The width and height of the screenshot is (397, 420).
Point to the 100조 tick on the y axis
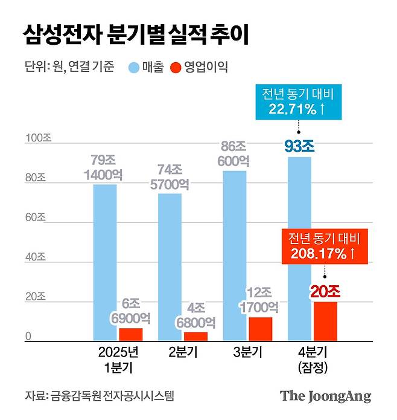[39, 138]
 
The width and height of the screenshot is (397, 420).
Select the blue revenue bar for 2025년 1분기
[105, 263]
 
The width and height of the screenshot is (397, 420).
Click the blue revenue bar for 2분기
[170, 268]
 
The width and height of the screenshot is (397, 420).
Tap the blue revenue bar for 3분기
[235, 256]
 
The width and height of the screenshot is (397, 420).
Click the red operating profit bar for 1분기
[130, 335]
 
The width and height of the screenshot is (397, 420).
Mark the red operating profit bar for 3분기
[260, 329]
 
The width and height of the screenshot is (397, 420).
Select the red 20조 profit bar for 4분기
[325, 321]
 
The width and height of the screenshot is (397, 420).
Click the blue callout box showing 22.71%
[298, 101]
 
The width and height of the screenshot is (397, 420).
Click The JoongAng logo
[325, 396]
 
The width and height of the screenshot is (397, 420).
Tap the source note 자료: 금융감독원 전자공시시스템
[100, 396]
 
